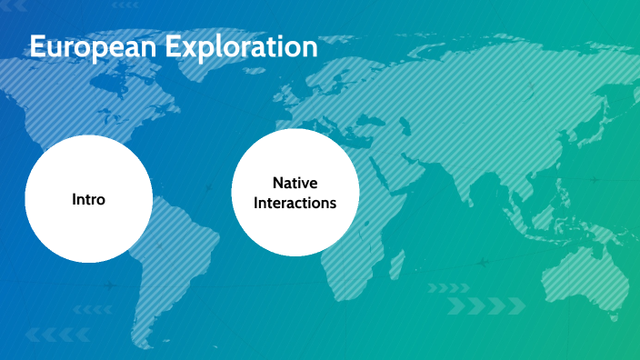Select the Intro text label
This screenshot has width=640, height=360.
[x=88, y=199]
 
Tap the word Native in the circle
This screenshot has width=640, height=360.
[x=295, y=184]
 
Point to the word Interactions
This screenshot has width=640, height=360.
[x=295, y=203]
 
